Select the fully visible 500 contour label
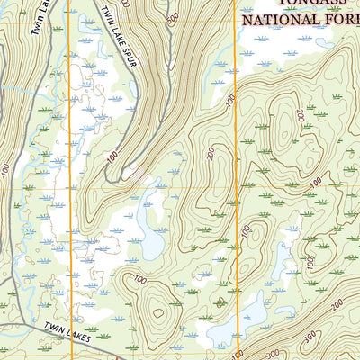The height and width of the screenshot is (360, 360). coord(173,17)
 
